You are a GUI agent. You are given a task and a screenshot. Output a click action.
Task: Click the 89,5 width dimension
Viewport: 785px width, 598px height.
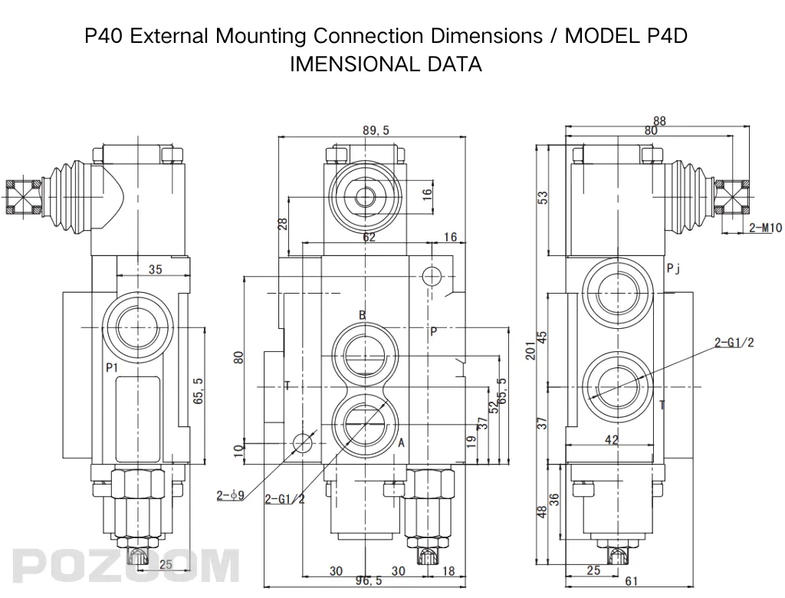pos(376,130)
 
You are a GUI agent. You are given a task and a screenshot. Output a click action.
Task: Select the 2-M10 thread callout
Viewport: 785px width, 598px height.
pos(766,228)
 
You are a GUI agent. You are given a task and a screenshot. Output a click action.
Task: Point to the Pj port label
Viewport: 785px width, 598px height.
pos(673,268)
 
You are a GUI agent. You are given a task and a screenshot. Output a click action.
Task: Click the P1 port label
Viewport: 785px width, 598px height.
pos(112,368)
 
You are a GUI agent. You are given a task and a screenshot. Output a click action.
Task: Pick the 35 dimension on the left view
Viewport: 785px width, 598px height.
pos(155,269)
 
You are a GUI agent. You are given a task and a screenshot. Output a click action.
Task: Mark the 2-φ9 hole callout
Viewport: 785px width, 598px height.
pos(230,495)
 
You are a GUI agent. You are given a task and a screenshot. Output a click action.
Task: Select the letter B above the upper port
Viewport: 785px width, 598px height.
pos(362,315)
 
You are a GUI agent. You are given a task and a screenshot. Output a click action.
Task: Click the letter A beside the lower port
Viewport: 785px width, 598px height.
pos(401,442)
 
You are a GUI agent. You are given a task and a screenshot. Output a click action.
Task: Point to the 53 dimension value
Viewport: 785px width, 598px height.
pos(543,197)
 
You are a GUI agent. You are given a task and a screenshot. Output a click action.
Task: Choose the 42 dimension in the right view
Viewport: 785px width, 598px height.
pos(612,440)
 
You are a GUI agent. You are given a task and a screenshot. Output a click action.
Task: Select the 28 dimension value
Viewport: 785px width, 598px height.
pos(282,224)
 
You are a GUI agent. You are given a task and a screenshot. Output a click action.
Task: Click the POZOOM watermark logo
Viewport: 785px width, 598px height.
pos(123,566)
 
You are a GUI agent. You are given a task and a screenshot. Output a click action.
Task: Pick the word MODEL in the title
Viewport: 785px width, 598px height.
pos(601,36)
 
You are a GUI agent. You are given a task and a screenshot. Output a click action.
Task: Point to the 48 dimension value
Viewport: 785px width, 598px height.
pos(542,511)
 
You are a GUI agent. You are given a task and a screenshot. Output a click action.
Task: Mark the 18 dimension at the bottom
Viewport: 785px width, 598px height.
pos(449,570)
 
